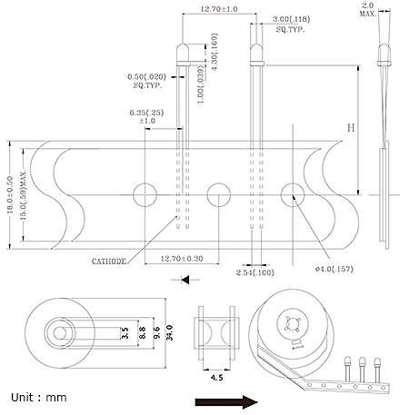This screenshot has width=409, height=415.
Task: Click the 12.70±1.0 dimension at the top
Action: click(x=219, y=9)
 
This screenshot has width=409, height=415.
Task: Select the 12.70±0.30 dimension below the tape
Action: click(x=182, y=259)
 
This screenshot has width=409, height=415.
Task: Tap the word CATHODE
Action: click(x=109, y=262)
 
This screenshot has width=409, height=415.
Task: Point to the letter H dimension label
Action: click(x=351, y=128)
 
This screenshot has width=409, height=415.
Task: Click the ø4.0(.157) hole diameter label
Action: click(x=334, y=269)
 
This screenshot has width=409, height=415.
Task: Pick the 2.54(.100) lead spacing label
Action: click(x=255, y=272)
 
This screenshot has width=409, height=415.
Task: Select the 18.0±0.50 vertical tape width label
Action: click(x=10, y=195)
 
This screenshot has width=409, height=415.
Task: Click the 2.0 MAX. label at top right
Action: click(x=368, y=10)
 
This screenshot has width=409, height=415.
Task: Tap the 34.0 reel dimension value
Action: click(x=169, y=333)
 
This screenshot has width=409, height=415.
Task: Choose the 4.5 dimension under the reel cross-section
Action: click(x=217, y=378)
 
